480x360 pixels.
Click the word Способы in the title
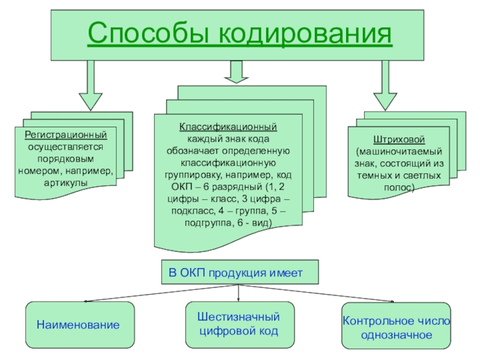tap(148, 33)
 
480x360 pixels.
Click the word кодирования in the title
tap(305, 33)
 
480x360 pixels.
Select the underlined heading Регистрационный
tap(66, 134)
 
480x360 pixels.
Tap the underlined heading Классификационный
tap(228, 127)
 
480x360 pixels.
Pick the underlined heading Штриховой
tap(399, 139)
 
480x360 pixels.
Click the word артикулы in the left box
tap(65, 183)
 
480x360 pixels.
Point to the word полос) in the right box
tap(399, 187)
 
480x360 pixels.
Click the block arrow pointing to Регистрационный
tap(91, 85)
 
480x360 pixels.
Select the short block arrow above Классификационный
tap(236, 71)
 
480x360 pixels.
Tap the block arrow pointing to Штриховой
tap(385, 85)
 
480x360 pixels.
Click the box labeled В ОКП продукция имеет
tap(240, 272)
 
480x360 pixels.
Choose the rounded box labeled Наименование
tap(80, 325)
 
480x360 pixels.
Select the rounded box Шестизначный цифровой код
tap(240, 325)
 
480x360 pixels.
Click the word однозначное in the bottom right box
tap(397, 335)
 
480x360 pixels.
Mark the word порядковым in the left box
tap(65, 159)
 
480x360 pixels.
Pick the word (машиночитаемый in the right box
tap(399, 152)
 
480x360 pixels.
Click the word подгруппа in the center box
tap(209, 223)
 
